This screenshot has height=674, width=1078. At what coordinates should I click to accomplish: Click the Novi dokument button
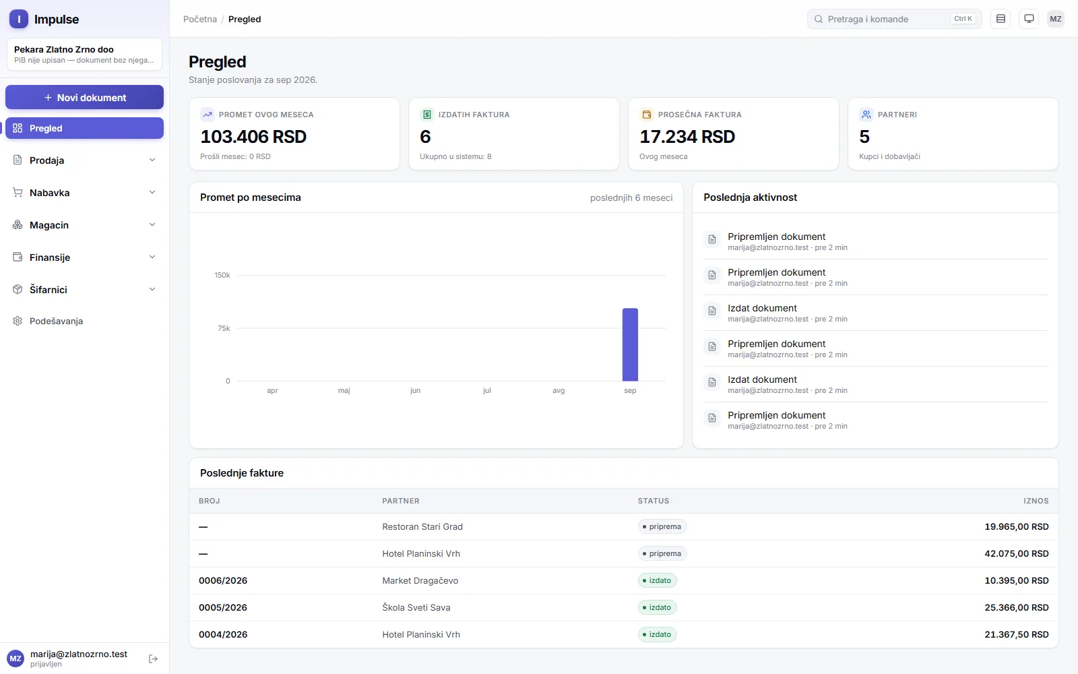click(84, 97)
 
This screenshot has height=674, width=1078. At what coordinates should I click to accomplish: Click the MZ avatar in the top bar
click(1055, 19)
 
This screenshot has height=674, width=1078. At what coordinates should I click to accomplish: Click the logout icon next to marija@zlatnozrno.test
click(153, 658)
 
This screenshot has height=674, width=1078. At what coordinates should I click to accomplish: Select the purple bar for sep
click(630, 344)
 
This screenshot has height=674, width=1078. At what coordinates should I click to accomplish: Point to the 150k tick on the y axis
click(222, 276)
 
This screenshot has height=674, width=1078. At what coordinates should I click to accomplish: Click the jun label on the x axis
click(415, 390)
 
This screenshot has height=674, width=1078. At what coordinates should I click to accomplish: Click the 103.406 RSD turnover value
click(253, 137)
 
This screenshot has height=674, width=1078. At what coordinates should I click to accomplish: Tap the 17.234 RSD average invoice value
click(687, 137)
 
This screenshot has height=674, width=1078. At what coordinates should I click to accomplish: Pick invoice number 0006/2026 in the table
click(223, 580)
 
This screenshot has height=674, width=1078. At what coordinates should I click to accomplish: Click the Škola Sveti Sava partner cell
click(416, 607)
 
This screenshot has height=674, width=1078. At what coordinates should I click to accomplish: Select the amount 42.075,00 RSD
click(1017, 553)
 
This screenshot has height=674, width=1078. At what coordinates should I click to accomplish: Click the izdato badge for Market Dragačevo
click(658, 580)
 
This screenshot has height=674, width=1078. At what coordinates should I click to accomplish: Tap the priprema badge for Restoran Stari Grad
click(662, 526)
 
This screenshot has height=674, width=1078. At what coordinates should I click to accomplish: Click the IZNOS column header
click(1036, 501)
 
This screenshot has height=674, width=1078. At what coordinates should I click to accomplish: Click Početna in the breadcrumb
click(200, 20)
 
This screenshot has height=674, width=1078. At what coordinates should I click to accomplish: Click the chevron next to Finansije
click(152, 257)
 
